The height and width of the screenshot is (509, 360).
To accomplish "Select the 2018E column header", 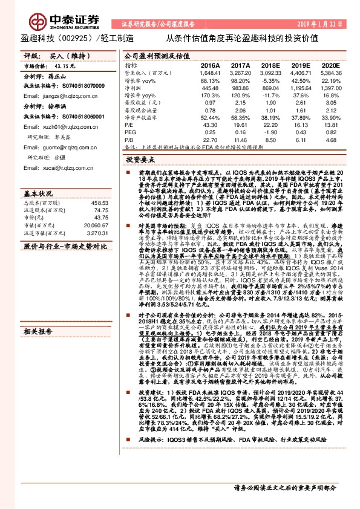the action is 271,65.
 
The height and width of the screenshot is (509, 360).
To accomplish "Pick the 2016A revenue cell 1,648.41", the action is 209,72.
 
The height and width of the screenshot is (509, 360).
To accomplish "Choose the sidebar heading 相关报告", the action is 38,332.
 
